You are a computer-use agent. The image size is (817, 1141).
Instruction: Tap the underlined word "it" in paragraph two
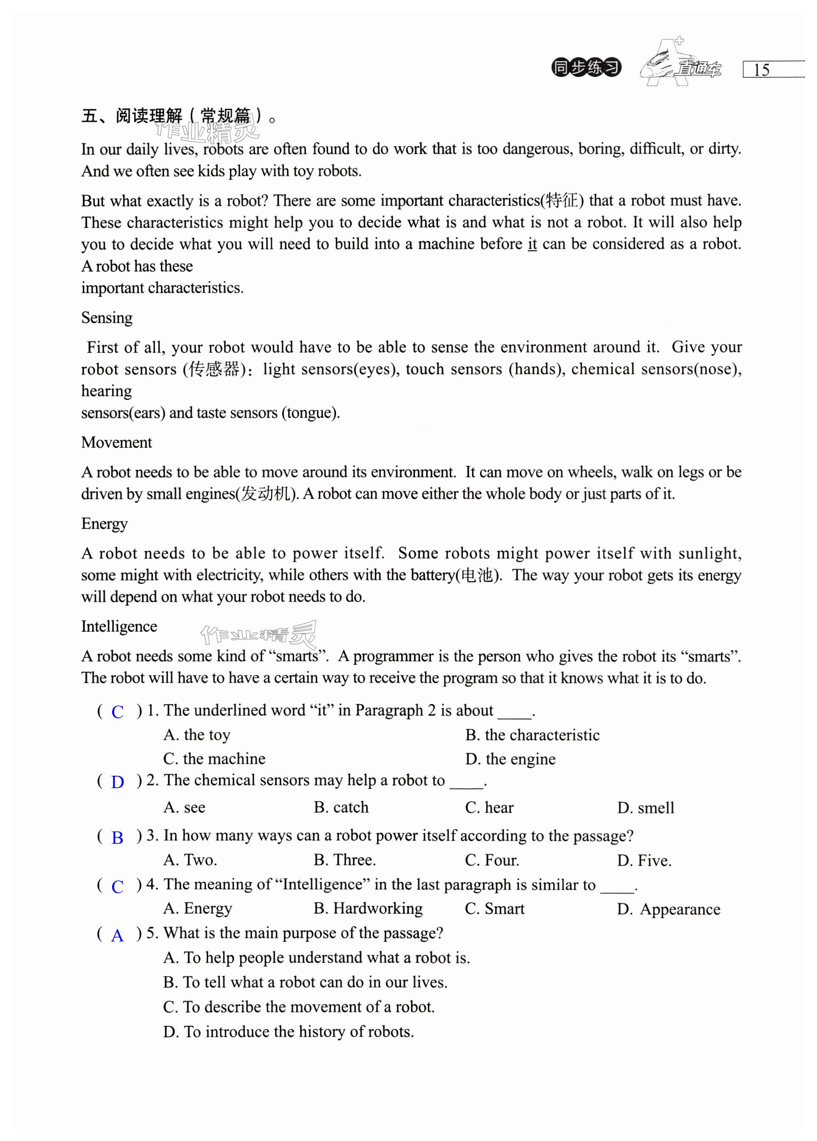(x=532, y=245)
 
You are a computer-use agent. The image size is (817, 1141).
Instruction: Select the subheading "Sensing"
(x=107, y=318)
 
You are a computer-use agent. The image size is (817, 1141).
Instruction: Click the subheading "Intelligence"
(x=119, y=626)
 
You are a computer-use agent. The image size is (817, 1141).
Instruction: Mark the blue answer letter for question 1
(x=117, y=712)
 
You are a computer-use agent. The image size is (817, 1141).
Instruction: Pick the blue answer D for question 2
(x=117, y=782)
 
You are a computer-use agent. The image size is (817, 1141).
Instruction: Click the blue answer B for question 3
(x=117, y=838)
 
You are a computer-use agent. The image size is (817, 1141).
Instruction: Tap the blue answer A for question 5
(x=117, y=936)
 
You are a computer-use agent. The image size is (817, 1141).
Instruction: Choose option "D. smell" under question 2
(x=646, y=808)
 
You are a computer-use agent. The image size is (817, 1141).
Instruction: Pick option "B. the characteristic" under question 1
(x=533, y=735)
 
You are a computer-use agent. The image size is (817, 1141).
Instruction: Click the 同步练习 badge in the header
(x=586, y=68)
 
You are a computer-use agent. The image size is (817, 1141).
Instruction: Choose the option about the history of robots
(x=289, y=1032)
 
